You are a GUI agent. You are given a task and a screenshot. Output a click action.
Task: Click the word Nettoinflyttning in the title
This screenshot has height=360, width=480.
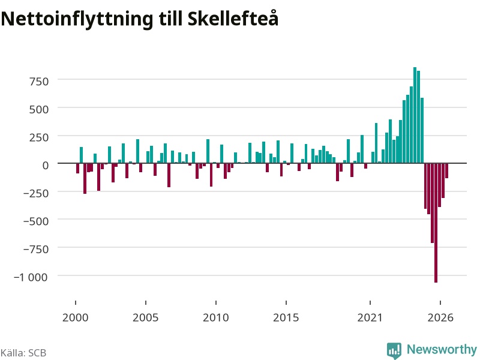[x=77, y=20]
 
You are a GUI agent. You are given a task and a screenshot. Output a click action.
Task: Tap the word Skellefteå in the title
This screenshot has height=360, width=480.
[x=233, y=18]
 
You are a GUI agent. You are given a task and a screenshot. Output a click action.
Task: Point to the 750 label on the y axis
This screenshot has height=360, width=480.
[x=39, y=82]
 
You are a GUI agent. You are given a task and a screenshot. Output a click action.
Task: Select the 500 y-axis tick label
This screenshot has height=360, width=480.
[x=39, y=110]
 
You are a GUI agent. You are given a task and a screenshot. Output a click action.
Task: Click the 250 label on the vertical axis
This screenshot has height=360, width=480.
[x=39, y=137]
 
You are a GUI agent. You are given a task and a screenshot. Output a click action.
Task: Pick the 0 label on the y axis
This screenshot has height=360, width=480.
[x=46, y=166]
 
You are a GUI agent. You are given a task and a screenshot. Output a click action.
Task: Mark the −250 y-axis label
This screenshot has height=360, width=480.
[x=36, y=193]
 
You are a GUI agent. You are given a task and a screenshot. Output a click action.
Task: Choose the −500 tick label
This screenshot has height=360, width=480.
[x=36, y=221]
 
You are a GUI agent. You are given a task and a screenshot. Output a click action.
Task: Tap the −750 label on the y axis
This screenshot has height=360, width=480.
[x=36, y=250]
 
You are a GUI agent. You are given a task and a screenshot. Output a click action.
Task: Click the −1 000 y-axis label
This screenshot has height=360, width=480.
[x=31, y=277]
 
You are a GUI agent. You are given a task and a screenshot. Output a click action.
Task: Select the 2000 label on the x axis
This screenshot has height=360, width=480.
[x=76, y=317]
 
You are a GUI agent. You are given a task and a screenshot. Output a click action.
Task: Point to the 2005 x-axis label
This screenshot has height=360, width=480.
[x=145, y=317]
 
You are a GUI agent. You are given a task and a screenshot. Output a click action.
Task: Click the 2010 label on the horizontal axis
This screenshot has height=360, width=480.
[x=216, y=317]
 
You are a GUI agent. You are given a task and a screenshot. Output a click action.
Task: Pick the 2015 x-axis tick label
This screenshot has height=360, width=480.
[x=286, y=317]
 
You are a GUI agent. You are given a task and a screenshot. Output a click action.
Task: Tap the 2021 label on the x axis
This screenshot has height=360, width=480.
[x=370, y=317]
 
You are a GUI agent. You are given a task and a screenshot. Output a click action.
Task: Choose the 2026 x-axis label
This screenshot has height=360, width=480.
[x=440, y=317]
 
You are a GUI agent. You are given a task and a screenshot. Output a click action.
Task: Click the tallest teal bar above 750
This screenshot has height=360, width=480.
[x=415, y=115]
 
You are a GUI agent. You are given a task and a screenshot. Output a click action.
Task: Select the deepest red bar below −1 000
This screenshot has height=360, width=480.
[x=436, y=223]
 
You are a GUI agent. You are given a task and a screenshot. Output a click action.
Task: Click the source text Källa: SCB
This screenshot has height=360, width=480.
[x=23, y=353]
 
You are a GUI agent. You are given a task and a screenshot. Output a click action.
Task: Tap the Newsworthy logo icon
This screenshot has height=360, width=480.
[x=394, y=350]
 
